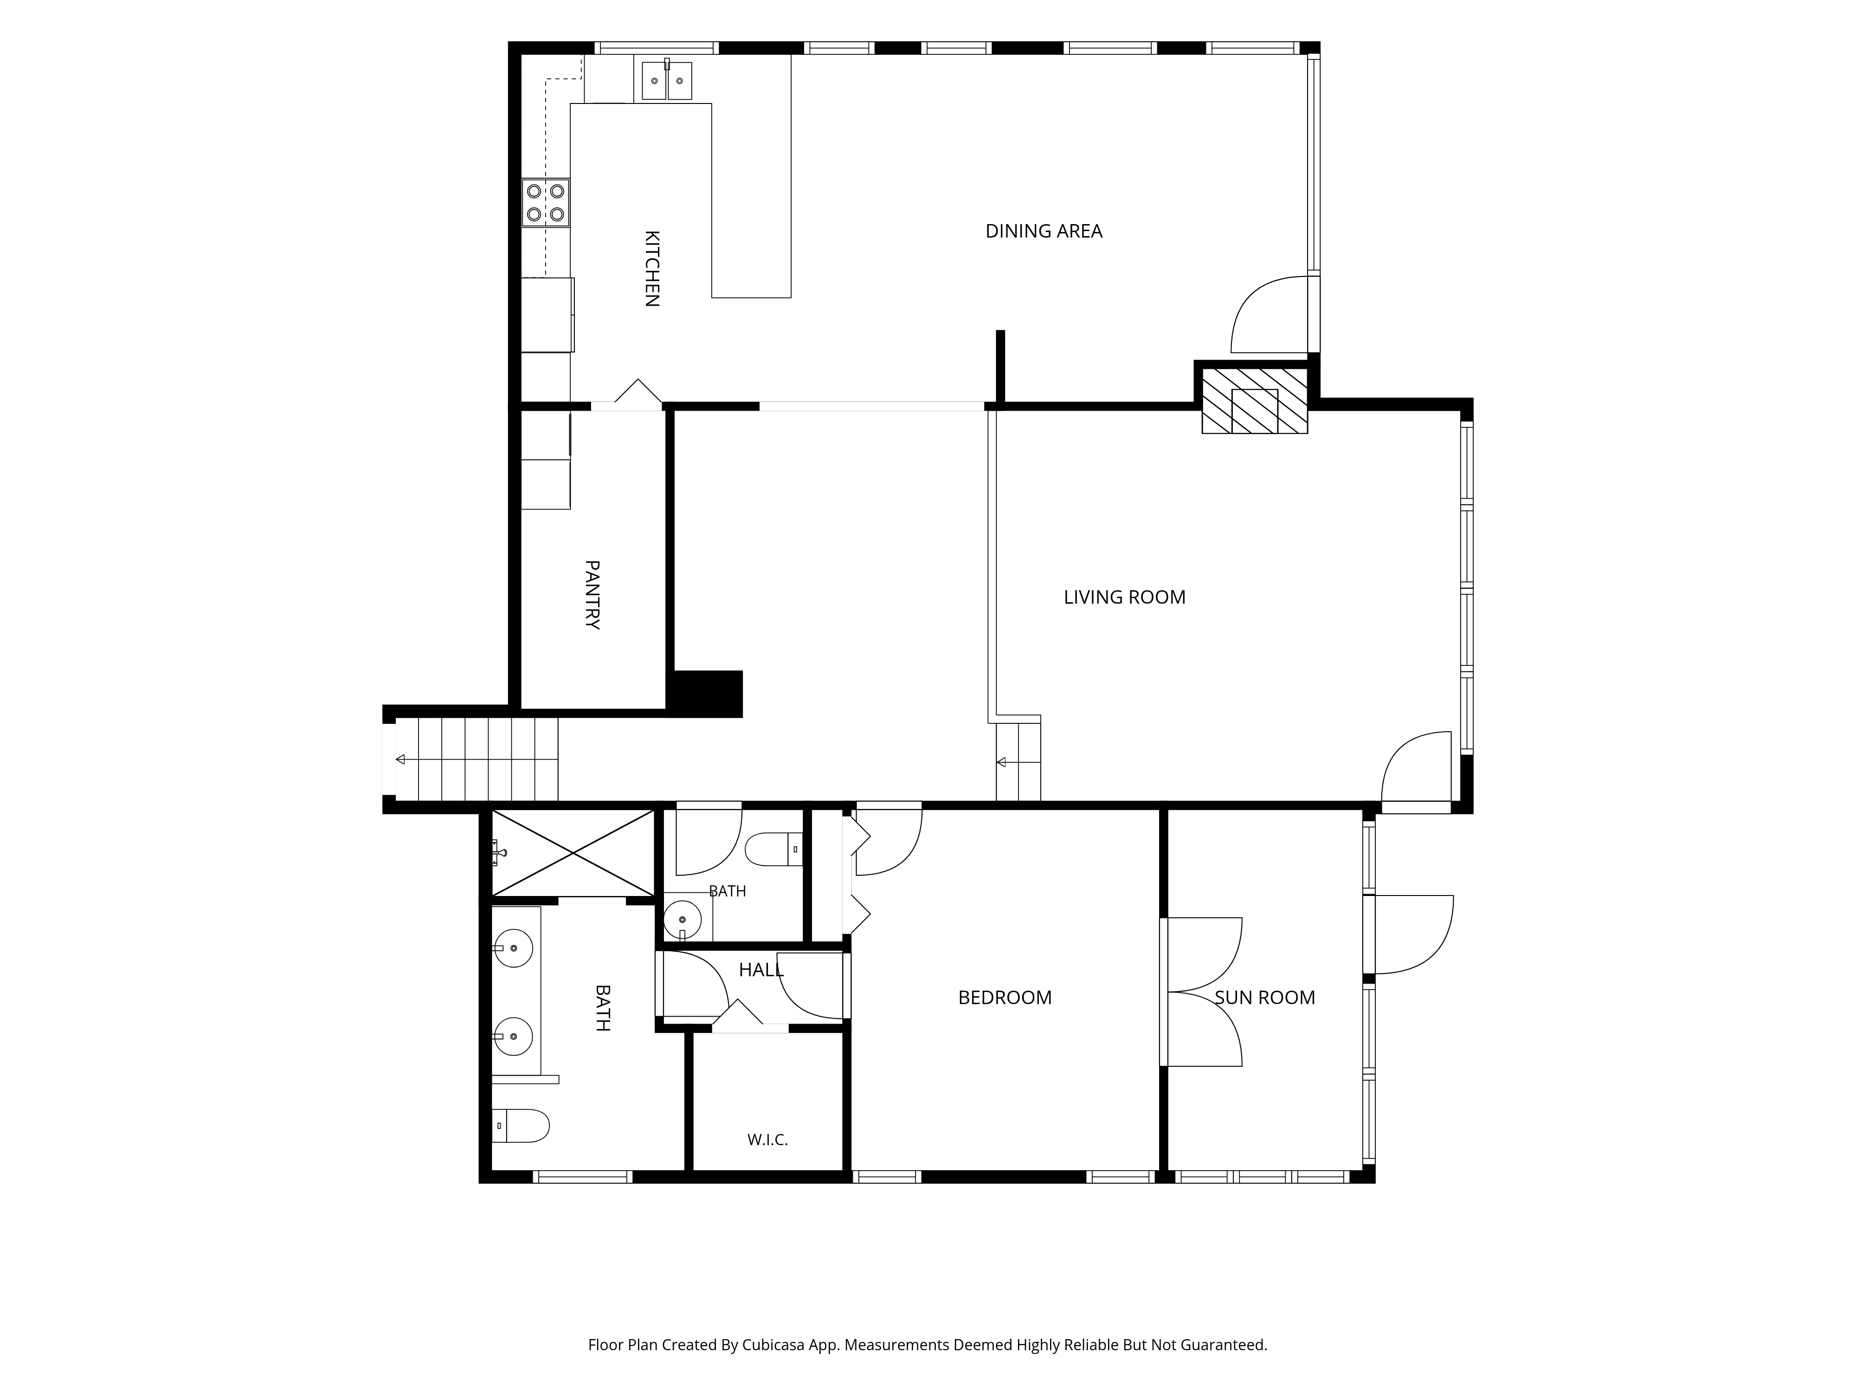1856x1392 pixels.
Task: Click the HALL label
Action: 761,970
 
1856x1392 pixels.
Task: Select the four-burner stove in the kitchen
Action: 545,203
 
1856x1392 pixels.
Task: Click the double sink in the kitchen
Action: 668,81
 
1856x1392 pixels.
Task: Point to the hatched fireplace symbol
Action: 1254,401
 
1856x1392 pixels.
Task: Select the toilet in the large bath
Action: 520,1125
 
